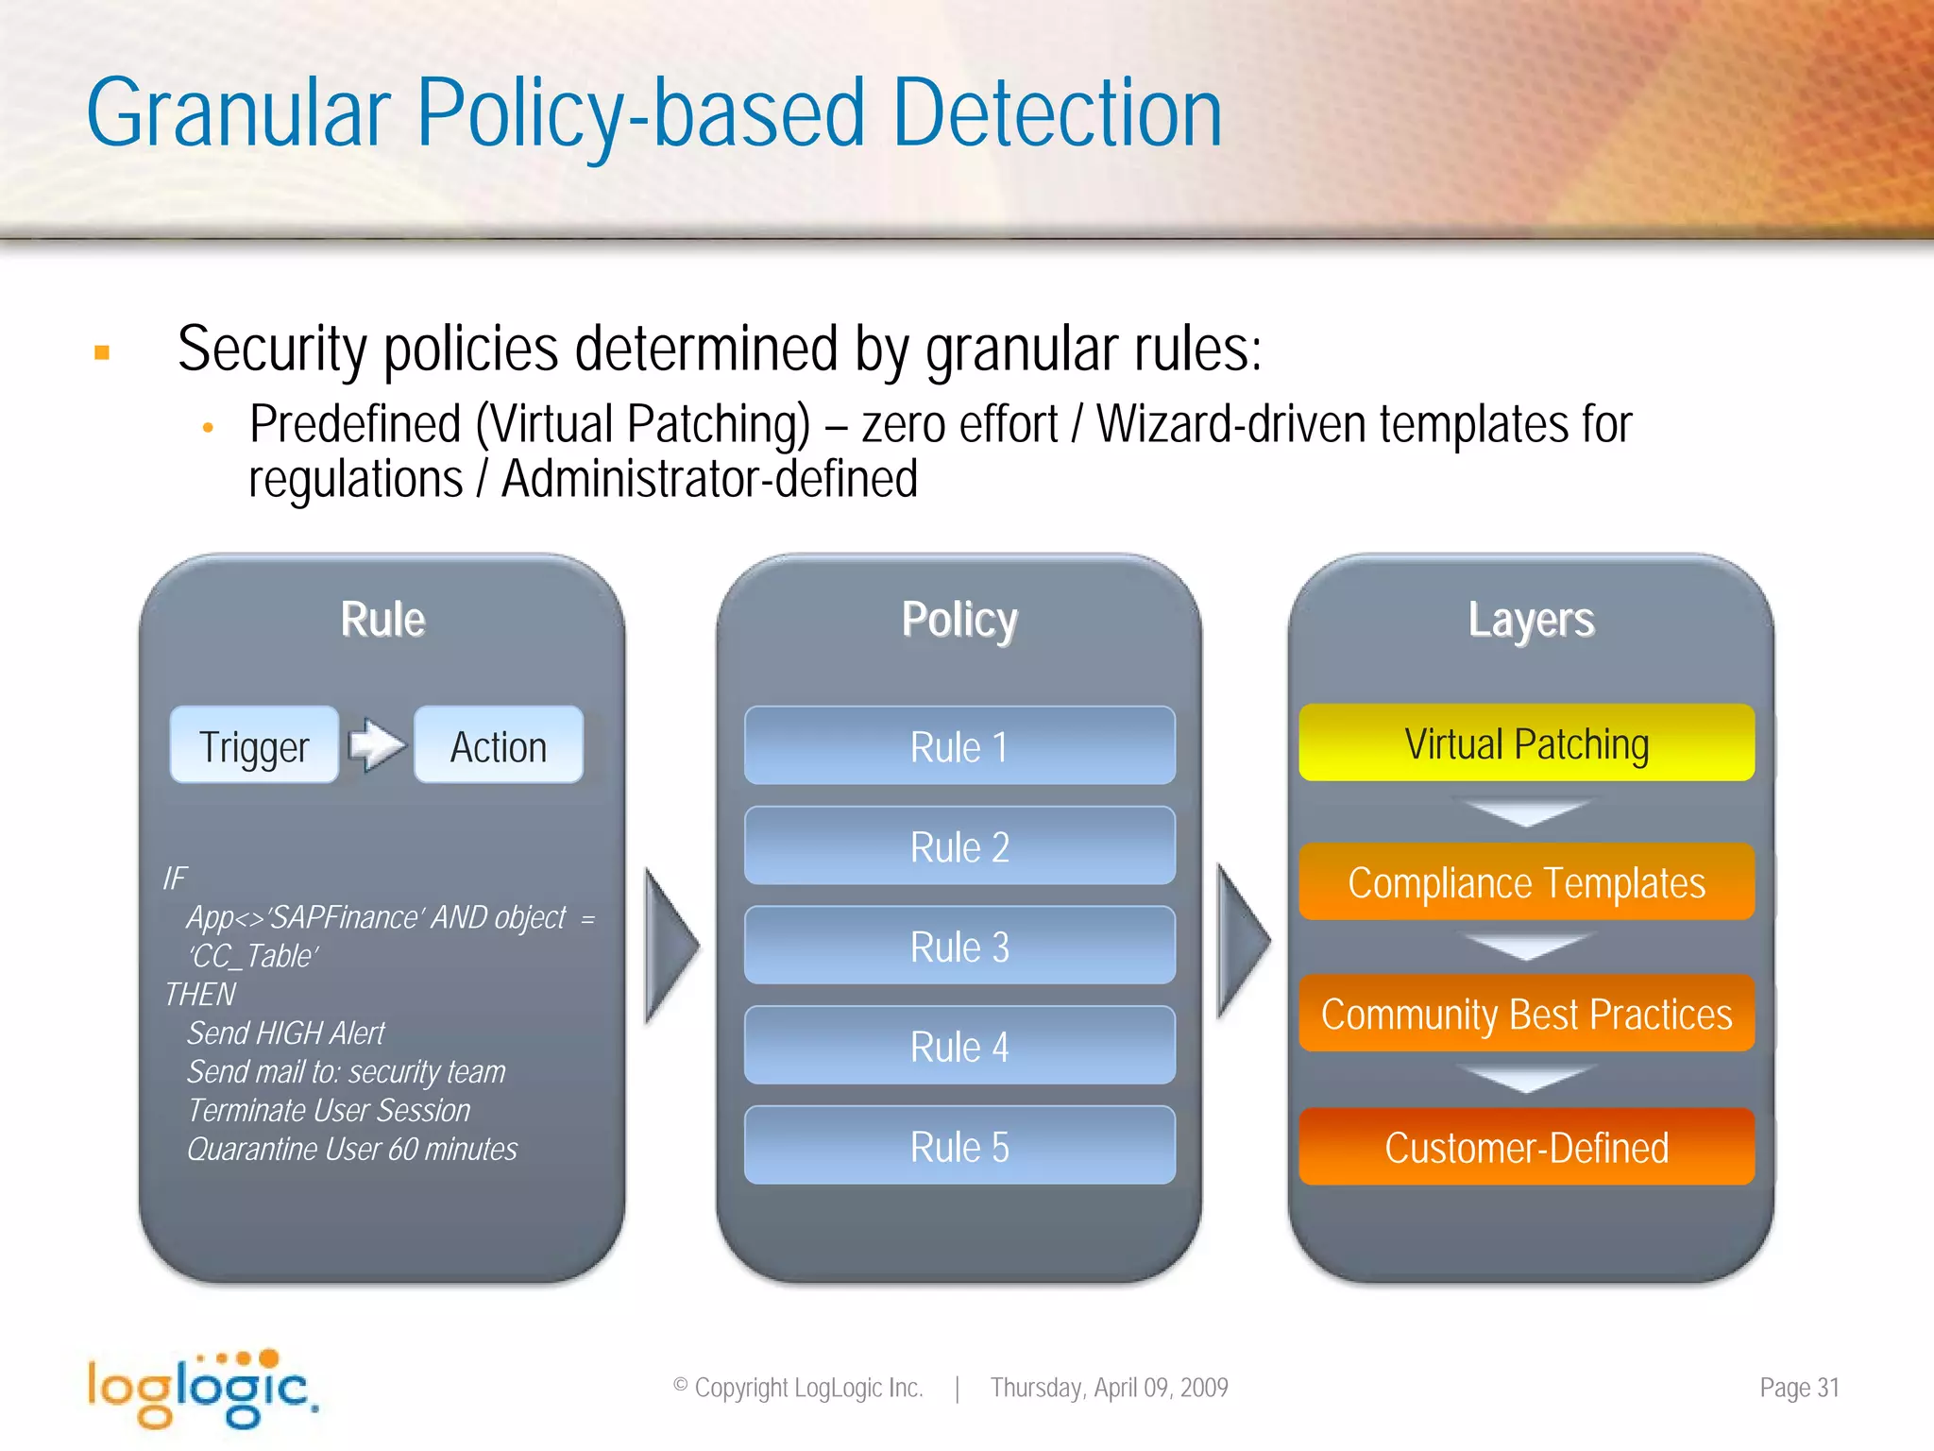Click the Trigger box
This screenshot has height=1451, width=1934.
[x=254, y=745]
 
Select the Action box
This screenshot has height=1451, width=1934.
[x=498, y=745]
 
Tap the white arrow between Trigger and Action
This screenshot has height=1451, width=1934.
[x=377, y=745]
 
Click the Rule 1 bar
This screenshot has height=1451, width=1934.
[x=959, y=746]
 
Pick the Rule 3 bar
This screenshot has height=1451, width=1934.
[x=959, y=946]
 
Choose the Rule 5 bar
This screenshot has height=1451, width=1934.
[x=959, y=1146]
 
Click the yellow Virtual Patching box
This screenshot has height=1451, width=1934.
[x=1526, y=743]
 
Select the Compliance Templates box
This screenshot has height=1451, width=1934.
[x=1526, y=882]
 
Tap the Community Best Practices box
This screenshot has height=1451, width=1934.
[x=1526, y=1014]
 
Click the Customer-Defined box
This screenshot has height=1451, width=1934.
[x=1526, y=1147]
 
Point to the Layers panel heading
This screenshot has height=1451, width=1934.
[x=1531, y=621]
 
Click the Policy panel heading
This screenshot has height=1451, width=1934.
[x=959, y=621]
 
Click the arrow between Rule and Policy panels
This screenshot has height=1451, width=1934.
[x=670, y=945]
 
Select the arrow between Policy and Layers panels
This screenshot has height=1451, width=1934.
[x=1243, y=942]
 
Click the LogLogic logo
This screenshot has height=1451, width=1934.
[x=202, y=1389]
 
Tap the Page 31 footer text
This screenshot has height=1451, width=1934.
[x=1799, y=1388]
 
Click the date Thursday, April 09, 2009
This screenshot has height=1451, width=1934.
[x=1109, y=1388]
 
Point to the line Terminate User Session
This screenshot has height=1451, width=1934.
[x=329, y=1111]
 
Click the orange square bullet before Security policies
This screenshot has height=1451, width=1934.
[x=102, y=353]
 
